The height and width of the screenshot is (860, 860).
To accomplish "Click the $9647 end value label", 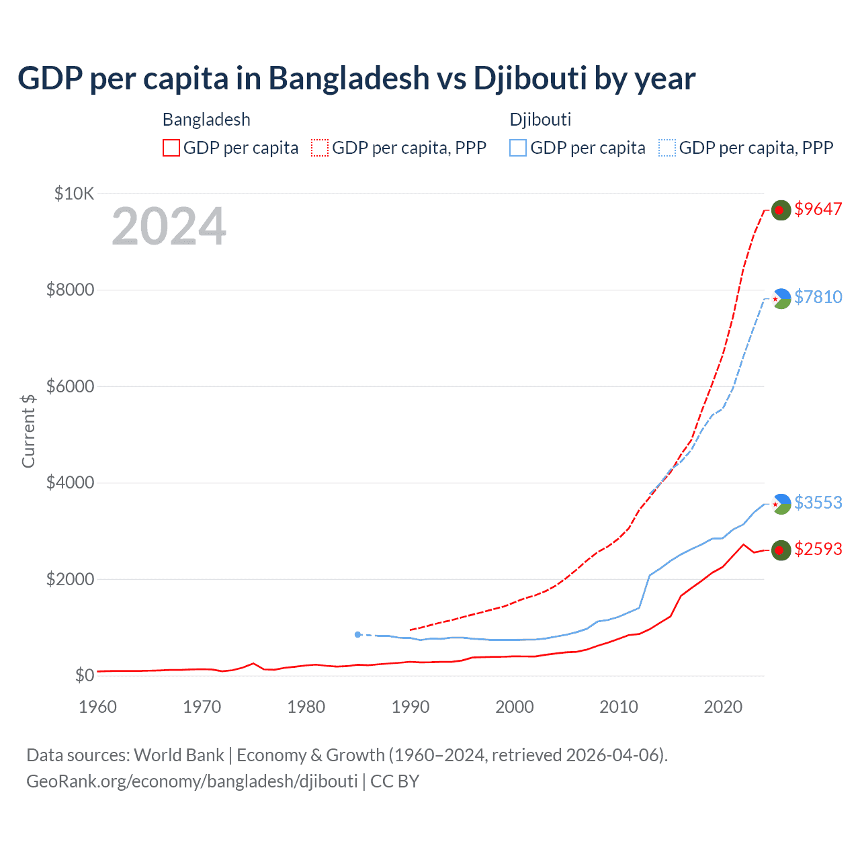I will tap(818, 209).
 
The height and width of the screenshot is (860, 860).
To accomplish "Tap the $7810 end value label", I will tap(818, 297).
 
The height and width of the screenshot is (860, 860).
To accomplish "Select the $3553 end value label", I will tap(818, 503).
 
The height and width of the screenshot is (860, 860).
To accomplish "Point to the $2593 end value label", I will tap(818, 549).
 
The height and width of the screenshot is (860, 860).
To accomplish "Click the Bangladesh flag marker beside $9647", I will tap(781, 210).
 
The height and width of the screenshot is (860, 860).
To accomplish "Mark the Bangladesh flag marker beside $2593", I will tap(781, 550).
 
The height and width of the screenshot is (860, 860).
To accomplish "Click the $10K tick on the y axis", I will tap(74, 194).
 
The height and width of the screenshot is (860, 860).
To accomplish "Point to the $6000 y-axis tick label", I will tap(70, 386).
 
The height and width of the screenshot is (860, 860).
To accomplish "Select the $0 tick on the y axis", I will tap(84, 675).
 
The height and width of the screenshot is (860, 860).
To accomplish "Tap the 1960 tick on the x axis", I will tap(98, 707).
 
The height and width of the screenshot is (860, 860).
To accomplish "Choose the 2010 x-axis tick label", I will tap(619, 707).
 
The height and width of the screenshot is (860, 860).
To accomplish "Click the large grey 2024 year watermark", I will tap(169, 226).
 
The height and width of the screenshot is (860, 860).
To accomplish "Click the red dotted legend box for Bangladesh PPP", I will tap(320, 148).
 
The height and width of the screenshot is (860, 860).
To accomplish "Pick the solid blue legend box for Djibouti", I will tap(518, 148).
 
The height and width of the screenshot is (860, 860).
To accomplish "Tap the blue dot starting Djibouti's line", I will tap(358, 634).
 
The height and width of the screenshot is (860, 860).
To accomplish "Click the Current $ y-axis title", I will tap(28, 431).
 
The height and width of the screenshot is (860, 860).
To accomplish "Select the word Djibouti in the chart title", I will tap(530, 78).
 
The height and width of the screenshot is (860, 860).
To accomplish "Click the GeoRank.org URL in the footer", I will tap(192, 781).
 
